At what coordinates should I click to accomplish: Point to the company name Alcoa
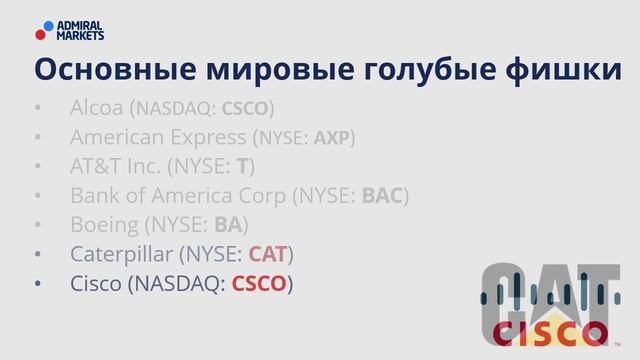coord(97,108)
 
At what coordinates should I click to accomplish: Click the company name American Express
coord(159,137)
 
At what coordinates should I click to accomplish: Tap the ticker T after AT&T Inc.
coord(241,167)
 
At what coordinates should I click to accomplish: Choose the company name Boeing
coord(105,225)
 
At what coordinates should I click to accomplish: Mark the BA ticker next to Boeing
coord(228,225)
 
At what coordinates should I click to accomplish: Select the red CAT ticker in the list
coord(267,254)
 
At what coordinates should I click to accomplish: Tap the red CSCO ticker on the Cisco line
coord(259,284)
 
